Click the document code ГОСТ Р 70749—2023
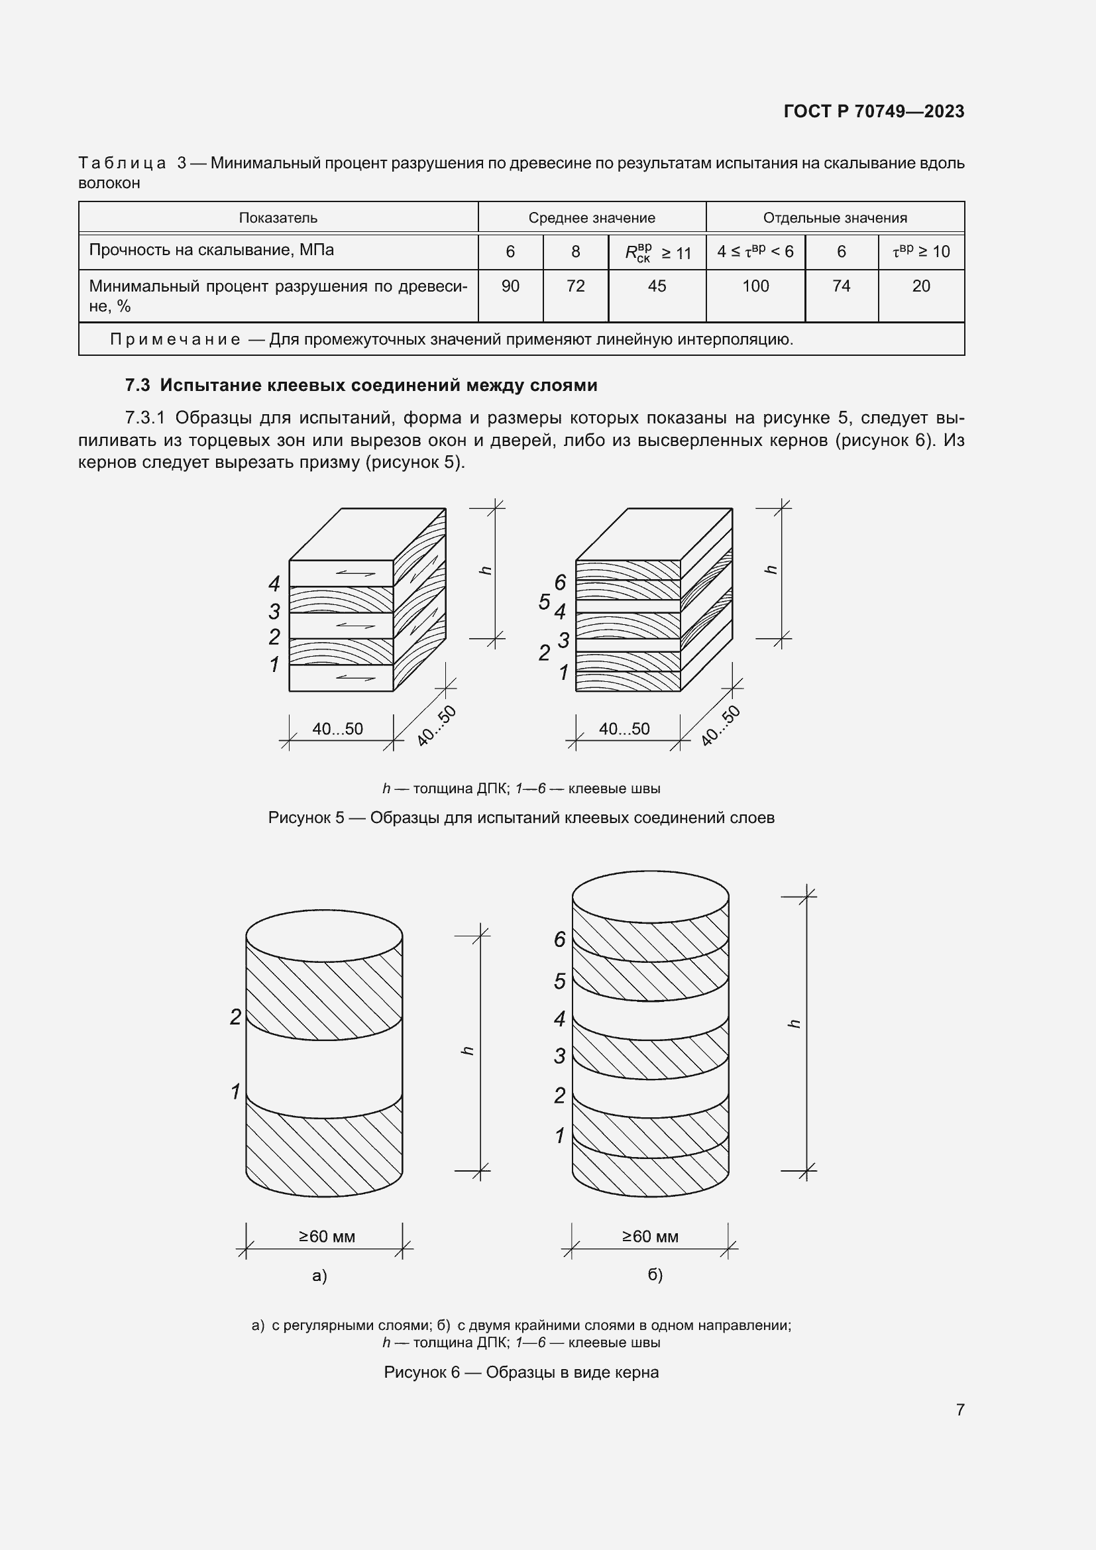[873, 111]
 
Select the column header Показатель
[278, 218]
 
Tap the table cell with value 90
[510, 286]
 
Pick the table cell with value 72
[575, 286]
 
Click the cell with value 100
[755, 286]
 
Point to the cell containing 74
[841, 286]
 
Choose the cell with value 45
[657, 286]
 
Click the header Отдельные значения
[835, 218]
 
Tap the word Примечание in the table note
[176, 339]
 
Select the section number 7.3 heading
[137, 386]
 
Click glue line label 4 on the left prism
[274, 583]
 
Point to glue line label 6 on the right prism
[560, 582]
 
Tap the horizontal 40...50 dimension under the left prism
[337, 729]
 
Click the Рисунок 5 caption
[521, 818]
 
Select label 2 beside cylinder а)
[235, 1017]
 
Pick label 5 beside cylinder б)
[559, 981]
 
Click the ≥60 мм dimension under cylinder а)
[327, 1236]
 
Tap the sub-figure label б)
[655, 1274]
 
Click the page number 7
[959, 1410]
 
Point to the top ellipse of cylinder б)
[650, 897]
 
